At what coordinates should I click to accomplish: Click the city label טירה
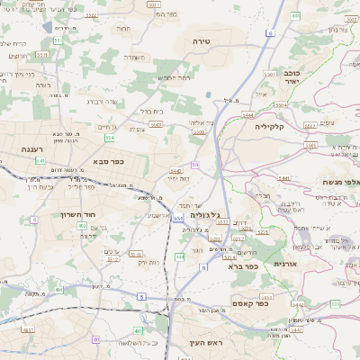[x=201, y=42]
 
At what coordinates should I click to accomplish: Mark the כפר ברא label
[x=243, y=265]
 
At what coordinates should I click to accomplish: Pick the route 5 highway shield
[x=141, y=296]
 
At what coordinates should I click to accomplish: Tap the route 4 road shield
[x=34, y=220]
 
